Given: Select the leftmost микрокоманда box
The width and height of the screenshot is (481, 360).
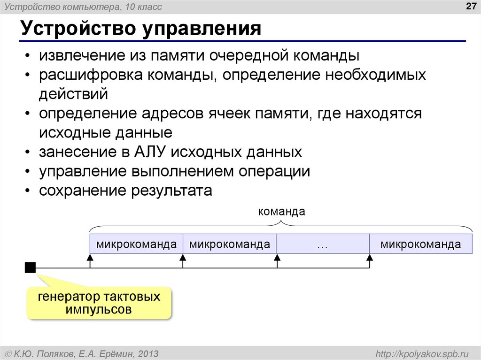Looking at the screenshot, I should pos(136,244).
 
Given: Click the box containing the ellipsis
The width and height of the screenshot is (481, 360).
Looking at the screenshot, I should pos(322,244).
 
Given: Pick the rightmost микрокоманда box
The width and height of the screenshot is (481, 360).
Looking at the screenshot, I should pos(420,244).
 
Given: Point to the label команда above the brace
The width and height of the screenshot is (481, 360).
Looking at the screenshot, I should pos(281,212).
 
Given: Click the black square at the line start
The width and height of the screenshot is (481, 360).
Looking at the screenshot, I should pos(30,268).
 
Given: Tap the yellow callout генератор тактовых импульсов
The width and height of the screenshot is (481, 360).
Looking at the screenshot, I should pos(99,303).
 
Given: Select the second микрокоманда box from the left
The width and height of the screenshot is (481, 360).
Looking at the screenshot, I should pos(229,244).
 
